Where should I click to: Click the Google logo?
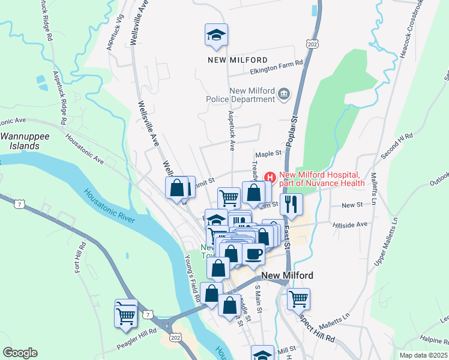click(x=20, y=353)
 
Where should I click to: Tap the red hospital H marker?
click(x=270, y=178)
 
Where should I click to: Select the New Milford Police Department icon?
click(x=284, y=94)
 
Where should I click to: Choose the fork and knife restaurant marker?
click(x=291, y=204)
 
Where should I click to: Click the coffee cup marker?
click(x=253, y=254)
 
